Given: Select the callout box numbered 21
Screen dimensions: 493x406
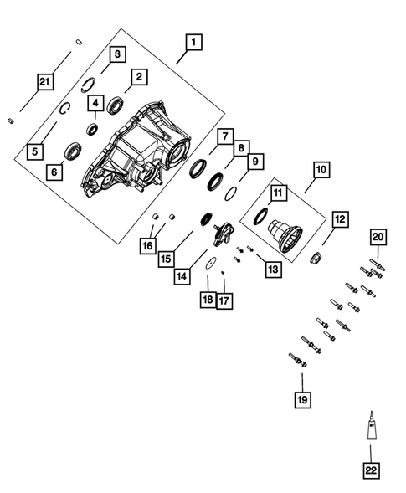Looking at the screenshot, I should [44, 81].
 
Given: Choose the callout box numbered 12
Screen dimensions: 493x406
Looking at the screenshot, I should [340, 220].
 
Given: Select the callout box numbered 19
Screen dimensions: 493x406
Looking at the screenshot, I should [301, 398].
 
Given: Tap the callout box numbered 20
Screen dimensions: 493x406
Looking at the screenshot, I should [378, 239].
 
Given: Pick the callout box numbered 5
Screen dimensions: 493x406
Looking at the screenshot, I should [34, 151].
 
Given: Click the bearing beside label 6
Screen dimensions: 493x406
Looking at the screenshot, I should [75, 151].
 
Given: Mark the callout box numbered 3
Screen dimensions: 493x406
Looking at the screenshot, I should [118, 54].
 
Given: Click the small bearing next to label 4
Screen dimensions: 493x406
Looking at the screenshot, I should [93, 130].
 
